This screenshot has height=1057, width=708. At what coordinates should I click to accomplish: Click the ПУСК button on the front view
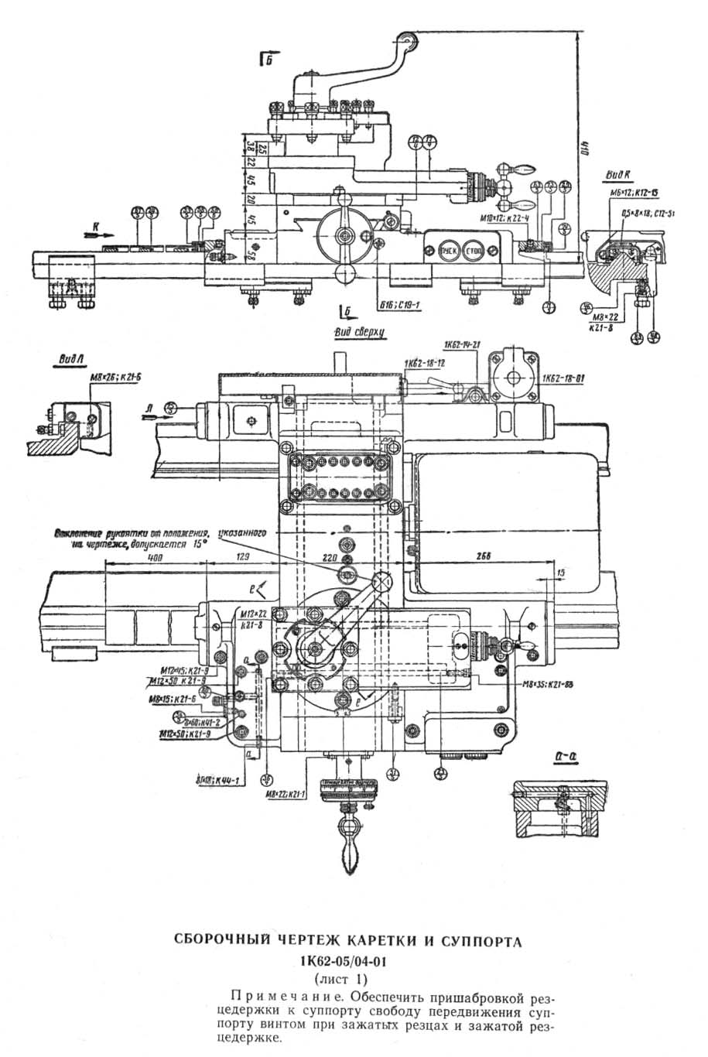click(448, 252)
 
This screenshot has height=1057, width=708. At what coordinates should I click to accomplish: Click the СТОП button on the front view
click(470, 252)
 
